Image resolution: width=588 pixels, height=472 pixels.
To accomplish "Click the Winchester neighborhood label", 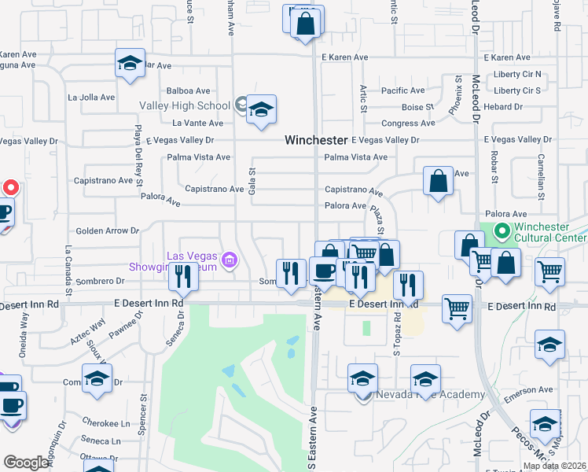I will pos(315,140).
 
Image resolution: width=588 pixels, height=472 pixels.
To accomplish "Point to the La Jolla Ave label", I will pos(91,98).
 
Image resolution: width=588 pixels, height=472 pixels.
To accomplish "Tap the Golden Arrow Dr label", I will pos(107,231).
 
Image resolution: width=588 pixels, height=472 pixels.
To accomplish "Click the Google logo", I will pos(26,463).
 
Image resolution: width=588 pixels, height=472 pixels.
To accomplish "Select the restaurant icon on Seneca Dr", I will pos(182,276).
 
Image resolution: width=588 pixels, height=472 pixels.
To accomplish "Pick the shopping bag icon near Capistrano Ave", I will pos(438,181).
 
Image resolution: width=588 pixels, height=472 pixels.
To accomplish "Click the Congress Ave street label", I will pos(407,124).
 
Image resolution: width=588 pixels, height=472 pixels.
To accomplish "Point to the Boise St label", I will pos(417,107).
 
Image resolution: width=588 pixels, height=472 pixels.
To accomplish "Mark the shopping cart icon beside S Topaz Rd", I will pos(457,308).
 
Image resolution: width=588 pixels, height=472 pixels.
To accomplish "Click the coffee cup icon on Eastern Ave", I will pos(323,272).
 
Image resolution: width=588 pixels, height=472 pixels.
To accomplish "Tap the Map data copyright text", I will pos(554,466).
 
